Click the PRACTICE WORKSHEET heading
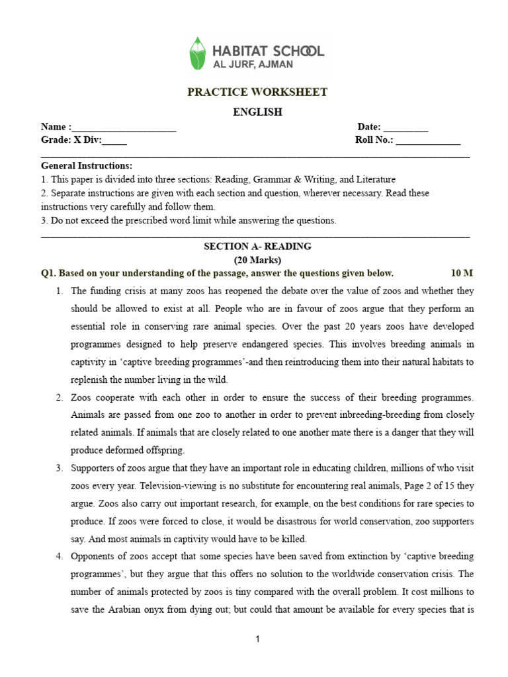point(257,92)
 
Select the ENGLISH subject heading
point(257,112)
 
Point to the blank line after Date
point(405,128)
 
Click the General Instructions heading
point(87,165)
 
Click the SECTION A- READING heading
point(257,246)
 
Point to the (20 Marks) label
point(257,259)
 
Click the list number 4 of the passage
point(59,557)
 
